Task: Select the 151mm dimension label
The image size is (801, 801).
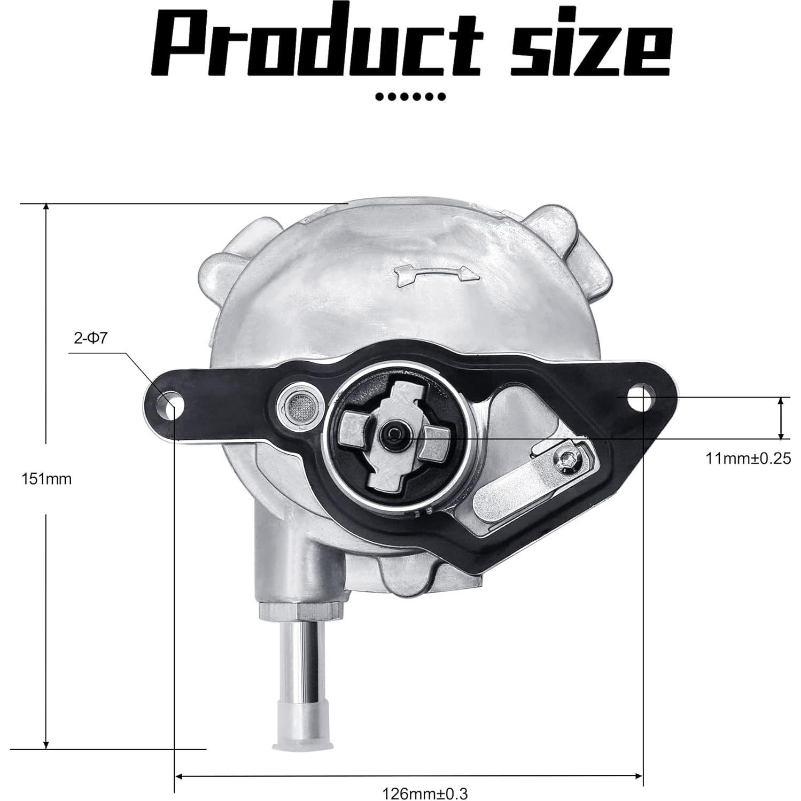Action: [46, 479]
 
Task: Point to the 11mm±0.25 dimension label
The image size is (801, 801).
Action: [748, 458]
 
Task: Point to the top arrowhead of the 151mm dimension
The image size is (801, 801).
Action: [46, 208]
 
